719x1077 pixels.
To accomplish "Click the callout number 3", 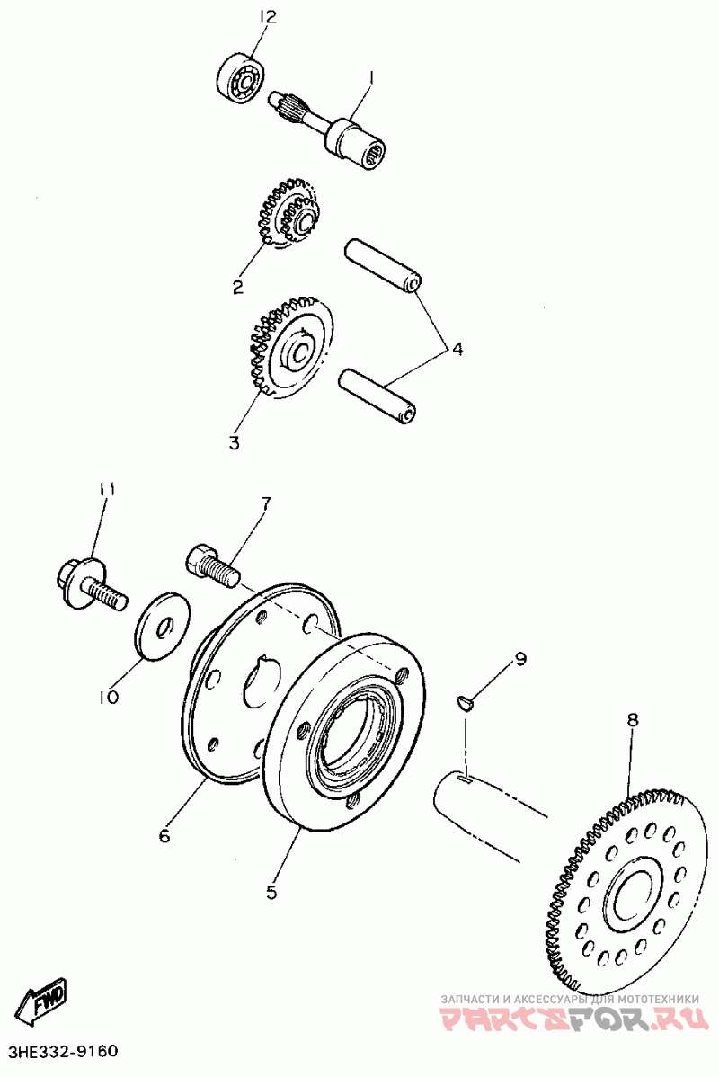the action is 234,442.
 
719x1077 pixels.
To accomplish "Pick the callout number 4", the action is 457,349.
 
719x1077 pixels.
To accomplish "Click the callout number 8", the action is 633,719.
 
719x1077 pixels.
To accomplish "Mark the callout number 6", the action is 164,836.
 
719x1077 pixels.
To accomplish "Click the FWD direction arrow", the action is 44,1001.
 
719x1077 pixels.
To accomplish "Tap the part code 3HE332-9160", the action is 63,1051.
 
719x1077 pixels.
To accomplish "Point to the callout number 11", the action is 108,489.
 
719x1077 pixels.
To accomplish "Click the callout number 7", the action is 266,503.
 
